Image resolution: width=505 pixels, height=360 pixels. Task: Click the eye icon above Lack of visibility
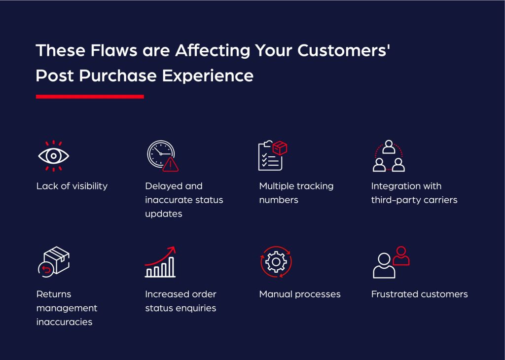(x=54, y=156)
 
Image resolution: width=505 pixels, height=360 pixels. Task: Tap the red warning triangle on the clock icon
(x=171, y=164)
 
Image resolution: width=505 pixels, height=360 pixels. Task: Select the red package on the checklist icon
(x=280, y=147)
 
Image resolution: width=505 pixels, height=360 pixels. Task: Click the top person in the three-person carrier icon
(x=389, y=147)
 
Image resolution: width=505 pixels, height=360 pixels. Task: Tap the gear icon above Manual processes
(x=276, y=262)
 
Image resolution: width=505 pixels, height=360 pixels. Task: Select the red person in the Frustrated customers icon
(x=402, y=256)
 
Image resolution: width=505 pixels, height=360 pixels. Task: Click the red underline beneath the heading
(x=90, y=97)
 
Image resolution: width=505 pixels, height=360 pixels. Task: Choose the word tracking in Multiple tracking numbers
(x=315, y=186)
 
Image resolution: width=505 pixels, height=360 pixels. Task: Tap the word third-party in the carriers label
(x=392, y=200)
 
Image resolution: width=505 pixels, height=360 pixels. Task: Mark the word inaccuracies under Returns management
(x=64, y=323)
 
